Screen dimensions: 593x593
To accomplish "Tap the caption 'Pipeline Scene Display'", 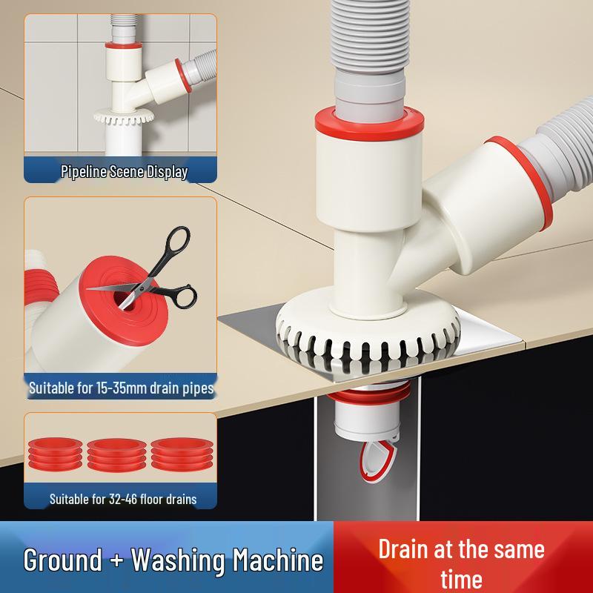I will (124, 172).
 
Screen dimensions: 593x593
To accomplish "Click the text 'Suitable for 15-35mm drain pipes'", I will (122, 388).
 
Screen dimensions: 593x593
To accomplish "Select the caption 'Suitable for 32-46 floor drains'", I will (123, 499).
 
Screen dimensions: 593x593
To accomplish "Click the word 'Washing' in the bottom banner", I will (173, 560).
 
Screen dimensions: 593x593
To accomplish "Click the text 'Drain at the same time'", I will (461, 563).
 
